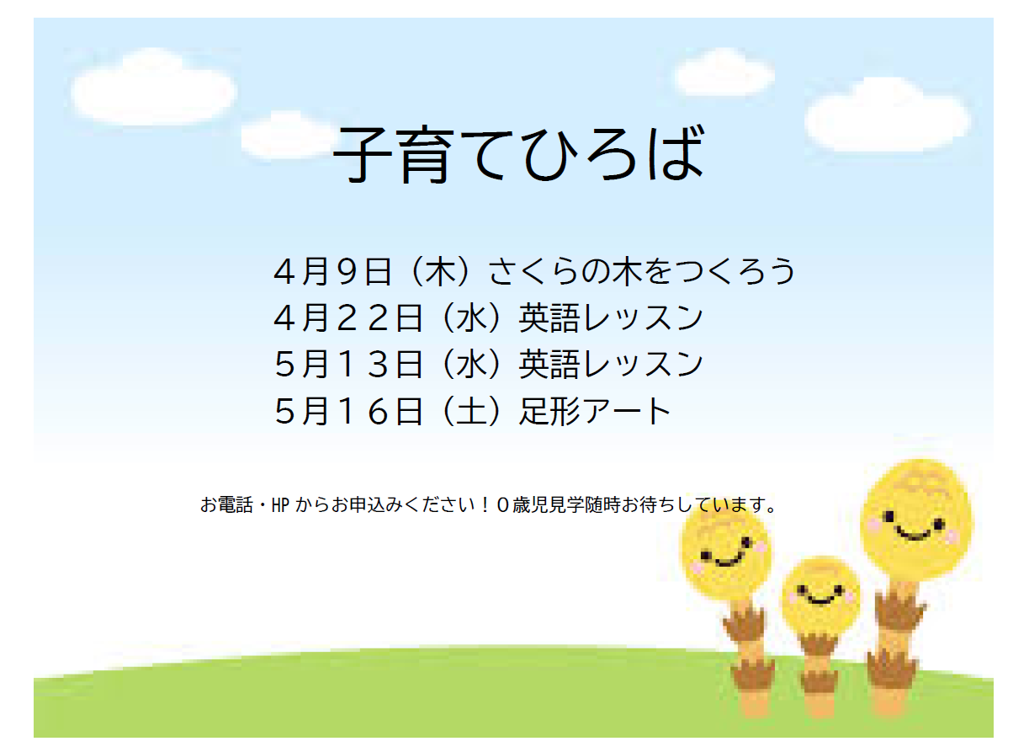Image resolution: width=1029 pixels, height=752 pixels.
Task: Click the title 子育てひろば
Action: point(517,156)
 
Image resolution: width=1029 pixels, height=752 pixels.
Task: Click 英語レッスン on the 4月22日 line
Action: point(611,317)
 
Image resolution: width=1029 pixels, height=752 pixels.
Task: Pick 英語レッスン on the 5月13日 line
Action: point(611,364)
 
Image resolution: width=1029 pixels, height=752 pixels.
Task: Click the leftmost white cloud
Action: point(153,88)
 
